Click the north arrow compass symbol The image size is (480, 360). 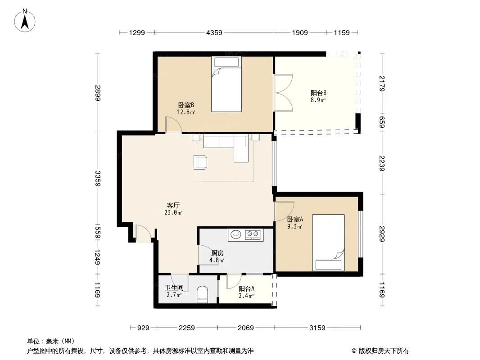coord(25,21)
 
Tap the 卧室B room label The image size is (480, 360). coord(186,105)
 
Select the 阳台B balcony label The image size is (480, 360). coord(318,93)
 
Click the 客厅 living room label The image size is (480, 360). coord(173,205)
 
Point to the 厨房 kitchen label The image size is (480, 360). coord(217,253)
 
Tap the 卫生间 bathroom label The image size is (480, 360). coord(174,288)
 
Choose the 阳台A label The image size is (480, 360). coord(246,288)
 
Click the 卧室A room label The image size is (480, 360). coord(295,219)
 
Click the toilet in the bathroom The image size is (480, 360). coord(202,294)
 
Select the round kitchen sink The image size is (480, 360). coord(235,234)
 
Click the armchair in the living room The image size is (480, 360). coord(200,162)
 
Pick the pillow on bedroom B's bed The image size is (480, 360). coord(226,62)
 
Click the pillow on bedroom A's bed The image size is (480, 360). coord(328,265)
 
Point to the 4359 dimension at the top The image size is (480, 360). coord(214,32)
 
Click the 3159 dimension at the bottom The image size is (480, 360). coord(317,328)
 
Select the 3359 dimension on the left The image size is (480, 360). coord(98,178)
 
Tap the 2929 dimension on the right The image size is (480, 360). coord(382,234)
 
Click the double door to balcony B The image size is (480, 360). coord(283,92)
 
